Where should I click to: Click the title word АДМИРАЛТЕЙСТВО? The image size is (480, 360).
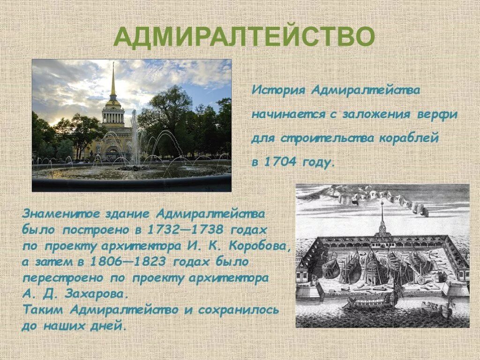(x=244, y=37)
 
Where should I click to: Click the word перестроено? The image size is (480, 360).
(x=63, y=277)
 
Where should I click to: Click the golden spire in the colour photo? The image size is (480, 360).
(x=113, y=82)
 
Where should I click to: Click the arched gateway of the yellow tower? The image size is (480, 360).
(x=112, y=151)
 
